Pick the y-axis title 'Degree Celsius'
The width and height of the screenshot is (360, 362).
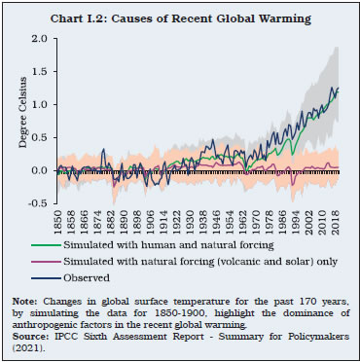point(18,122)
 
